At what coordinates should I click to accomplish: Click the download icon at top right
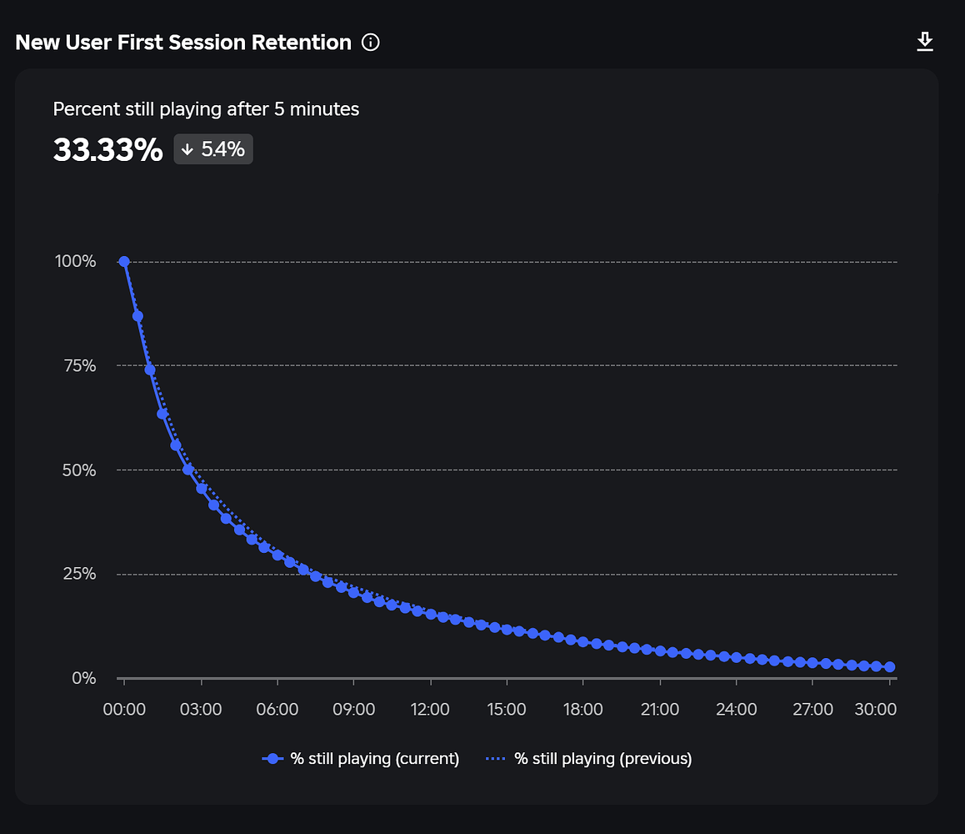tap(925, 42)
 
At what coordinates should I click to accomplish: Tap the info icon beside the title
tap(371, 43)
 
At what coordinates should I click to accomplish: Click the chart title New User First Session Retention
tap(183, 43)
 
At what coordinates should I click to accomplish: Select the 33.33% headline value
tap(107, 150)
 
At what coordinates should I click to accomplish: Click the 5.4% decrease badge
tap(213, 150)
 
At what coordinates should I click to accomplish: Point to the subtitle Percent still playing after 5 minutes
tap(206, 109)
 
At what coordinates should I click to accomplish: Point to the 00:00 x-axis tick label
tap(124, 710)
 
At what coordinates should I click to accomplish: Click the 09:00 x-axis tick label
tap(353, 710)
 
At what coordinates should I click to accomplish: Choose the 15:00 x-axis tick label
tap(507, 710)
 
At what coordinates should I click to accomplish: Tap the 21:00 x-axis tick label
tap(660, 710)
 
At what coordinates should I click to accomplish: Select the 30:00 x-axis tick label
tap(877, 710)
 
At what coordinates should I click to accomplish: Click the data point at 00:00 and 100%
tap(124, 262)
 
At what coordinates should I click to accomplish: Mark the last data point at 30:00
tap(889, 667)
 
